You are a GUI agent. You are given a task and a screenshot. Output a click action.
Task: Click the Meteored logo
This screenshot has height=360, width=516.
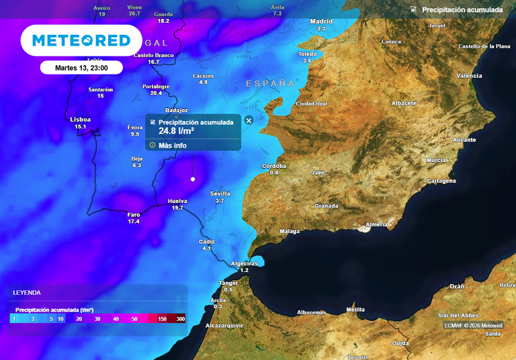click(81, 41)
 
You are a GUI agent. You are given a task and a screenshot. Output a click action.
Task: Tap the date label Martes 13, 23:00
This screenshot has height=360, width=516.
click(81, 67)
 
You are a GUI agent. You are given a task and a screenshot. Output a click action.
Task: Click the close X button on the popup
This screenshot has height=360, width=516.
click(249, 120)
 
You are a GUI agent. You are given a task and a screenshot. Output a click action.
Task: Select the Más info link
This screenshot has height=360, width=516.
click(173, 145)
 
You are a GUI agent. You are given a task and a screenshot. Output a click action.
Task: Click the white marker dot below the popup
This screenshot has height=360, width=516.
click(193, 179)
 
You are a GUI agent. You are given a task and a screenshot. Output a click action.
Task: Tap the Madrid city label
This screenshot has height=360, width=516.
click(321, 21)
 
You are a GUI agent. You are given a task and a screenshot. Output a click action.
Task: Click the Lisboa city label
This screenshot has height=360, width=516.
click(80, 120)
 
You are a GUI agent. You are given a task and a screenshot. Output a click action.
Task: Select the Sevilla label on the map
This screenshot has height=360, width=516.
click(220, 193)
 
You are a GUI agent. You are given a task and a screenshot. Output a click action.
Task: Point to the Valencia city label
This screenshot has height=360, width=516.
click(469, 76)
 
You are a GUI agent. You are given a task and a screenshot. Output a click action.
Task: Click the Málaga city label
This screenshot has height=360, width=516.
click(290, 232)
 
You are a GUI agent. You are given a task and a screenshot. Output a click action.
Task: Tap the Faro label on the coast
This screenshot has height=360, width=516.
click(134, 214)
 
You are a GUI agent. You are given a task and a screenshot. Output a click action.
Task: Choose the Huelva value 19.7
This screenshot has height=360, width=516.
click(177, 208)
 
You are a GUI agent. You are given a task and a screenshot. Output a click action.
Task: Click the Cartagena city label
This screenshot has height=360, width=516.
click(441, 181)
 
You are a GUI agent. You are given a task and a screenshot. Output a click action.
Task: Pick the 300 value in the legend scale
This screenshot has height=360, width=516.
click(180, 319)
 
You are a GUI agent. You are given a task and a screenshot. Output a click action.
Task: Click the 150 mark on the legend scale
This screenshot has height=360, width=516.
click(163, 319)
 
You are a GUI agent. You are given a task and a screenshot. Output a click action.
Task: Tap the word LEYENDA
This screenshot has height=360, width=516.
click(27, 293)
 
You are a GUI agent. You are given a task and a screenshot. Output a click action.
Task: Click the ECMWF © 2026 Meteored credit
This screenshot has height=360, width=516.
click(473, 326)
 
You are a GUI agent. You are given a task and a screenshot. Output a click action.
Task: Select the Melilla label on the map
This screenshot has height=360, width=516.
click(355, 309)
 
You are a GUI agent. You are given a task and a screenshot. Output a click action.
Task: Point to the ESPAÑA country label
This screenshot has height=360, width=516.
click(270, 83)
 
